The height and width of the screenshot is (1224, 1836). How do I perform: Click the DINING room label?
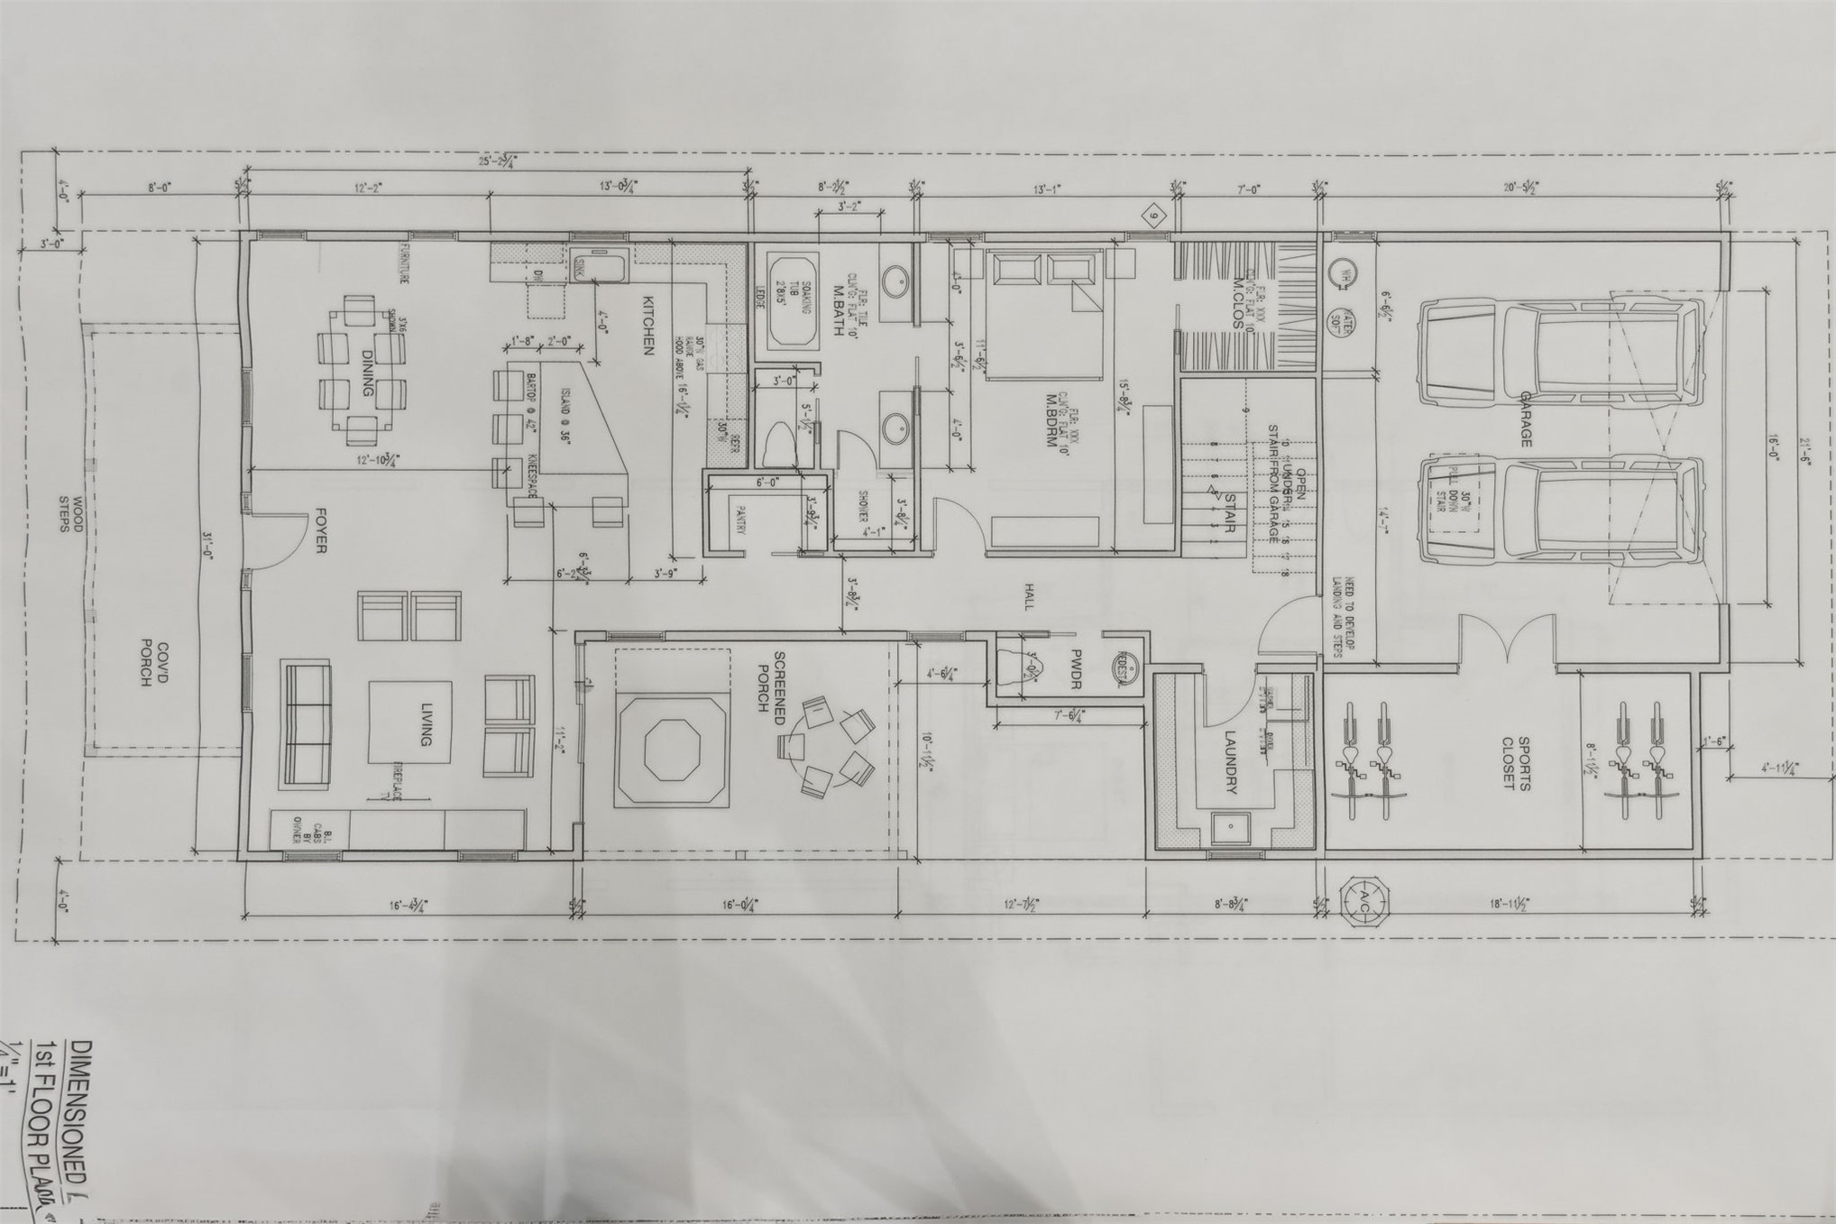tap(367, 373)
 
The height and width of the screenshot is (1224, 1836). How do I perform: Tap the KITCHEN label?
tap(647, 326)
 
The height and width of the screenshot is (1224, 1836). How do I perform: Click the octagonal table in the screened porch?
tap(670, 750)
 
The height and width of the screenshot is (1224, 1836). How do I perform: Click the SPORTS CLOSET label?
tap(1515, 763)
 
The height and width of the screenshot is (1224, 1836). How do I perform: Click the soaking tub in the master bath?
tap(793, 301)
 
